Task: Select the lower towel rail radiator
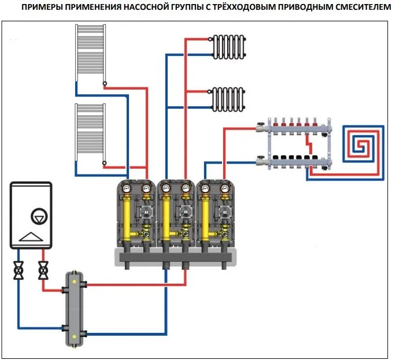(90, 133)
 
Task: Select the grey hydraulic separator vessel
(74, 307)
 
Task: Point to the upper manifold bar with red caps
(295, 127)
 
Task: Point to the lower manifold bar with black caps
(295, 160)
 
